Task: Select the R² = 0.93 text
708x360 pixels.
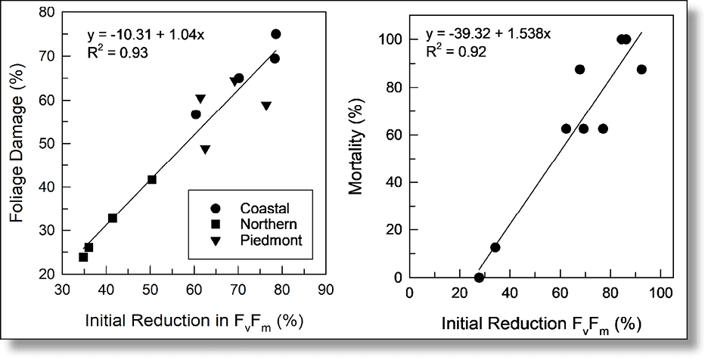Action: click(117, 54)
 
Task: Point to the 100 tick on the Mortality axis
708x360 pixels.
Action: click(391, 39)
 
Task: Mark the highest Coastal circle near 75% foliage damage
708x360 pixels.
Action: click(276, 34)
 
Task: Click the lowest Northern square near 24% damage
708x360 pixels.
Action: click(83, 257)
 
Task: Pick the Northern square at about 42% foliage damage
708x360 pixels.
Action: click(152, 179)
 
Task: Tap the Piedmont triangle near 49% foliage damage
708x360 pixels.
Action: click(205, 150)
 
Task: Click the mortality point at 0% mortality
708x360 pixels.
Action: click(479, 278)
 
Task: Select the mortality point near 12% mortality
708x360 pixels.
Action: click(495, 247)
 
